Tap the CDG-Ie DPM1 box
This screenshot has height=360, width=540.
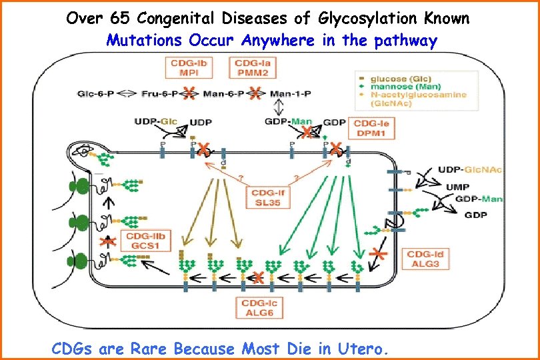(375, 129)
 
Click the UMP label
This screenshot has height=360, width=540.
(458, 187)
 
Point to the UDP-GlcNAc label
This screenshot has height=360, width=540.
(471, 170)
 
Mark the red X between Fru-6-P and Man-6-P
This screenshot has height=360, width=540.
(190, 94)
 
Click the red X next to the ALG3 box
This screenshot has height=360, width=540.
(380, 253)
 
